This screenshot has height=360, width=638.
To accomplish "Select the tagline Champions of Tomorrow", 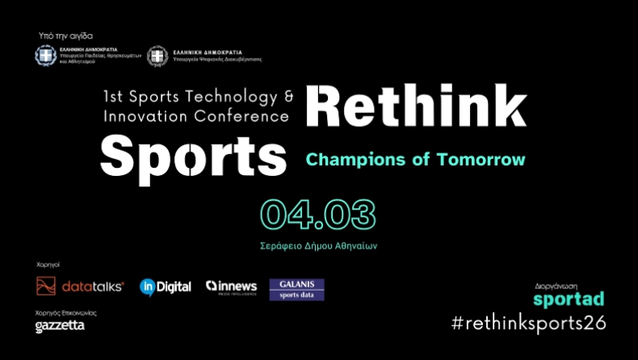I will click(415, 159).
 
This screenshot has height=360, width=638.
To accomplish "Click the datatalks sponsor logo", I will click(80, 286).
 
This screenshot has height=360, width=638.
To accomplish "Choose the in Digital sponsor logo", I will click(166, 286).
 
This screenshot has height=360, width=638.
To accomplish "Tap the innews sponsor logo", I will click(233, 287).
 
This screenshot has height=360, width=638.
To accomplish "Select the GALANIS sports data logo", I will click(296, 289).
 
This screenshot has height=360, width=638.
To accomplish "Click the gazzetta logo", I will click(60, 326).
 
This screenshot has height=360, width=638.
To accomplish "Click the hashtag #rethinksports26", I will click(528, 323).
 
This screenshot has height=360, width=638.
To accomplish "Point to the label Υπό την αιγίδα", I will click(65, 36).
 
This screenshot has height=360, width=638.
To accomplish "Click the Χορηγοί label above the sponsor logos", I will click(48, 264).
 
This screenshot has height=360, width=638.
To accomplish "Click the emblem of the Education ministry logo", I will click(45, 56).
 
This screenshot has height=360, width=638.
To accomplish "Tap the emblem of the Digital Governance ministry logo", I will click(158, 56).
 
